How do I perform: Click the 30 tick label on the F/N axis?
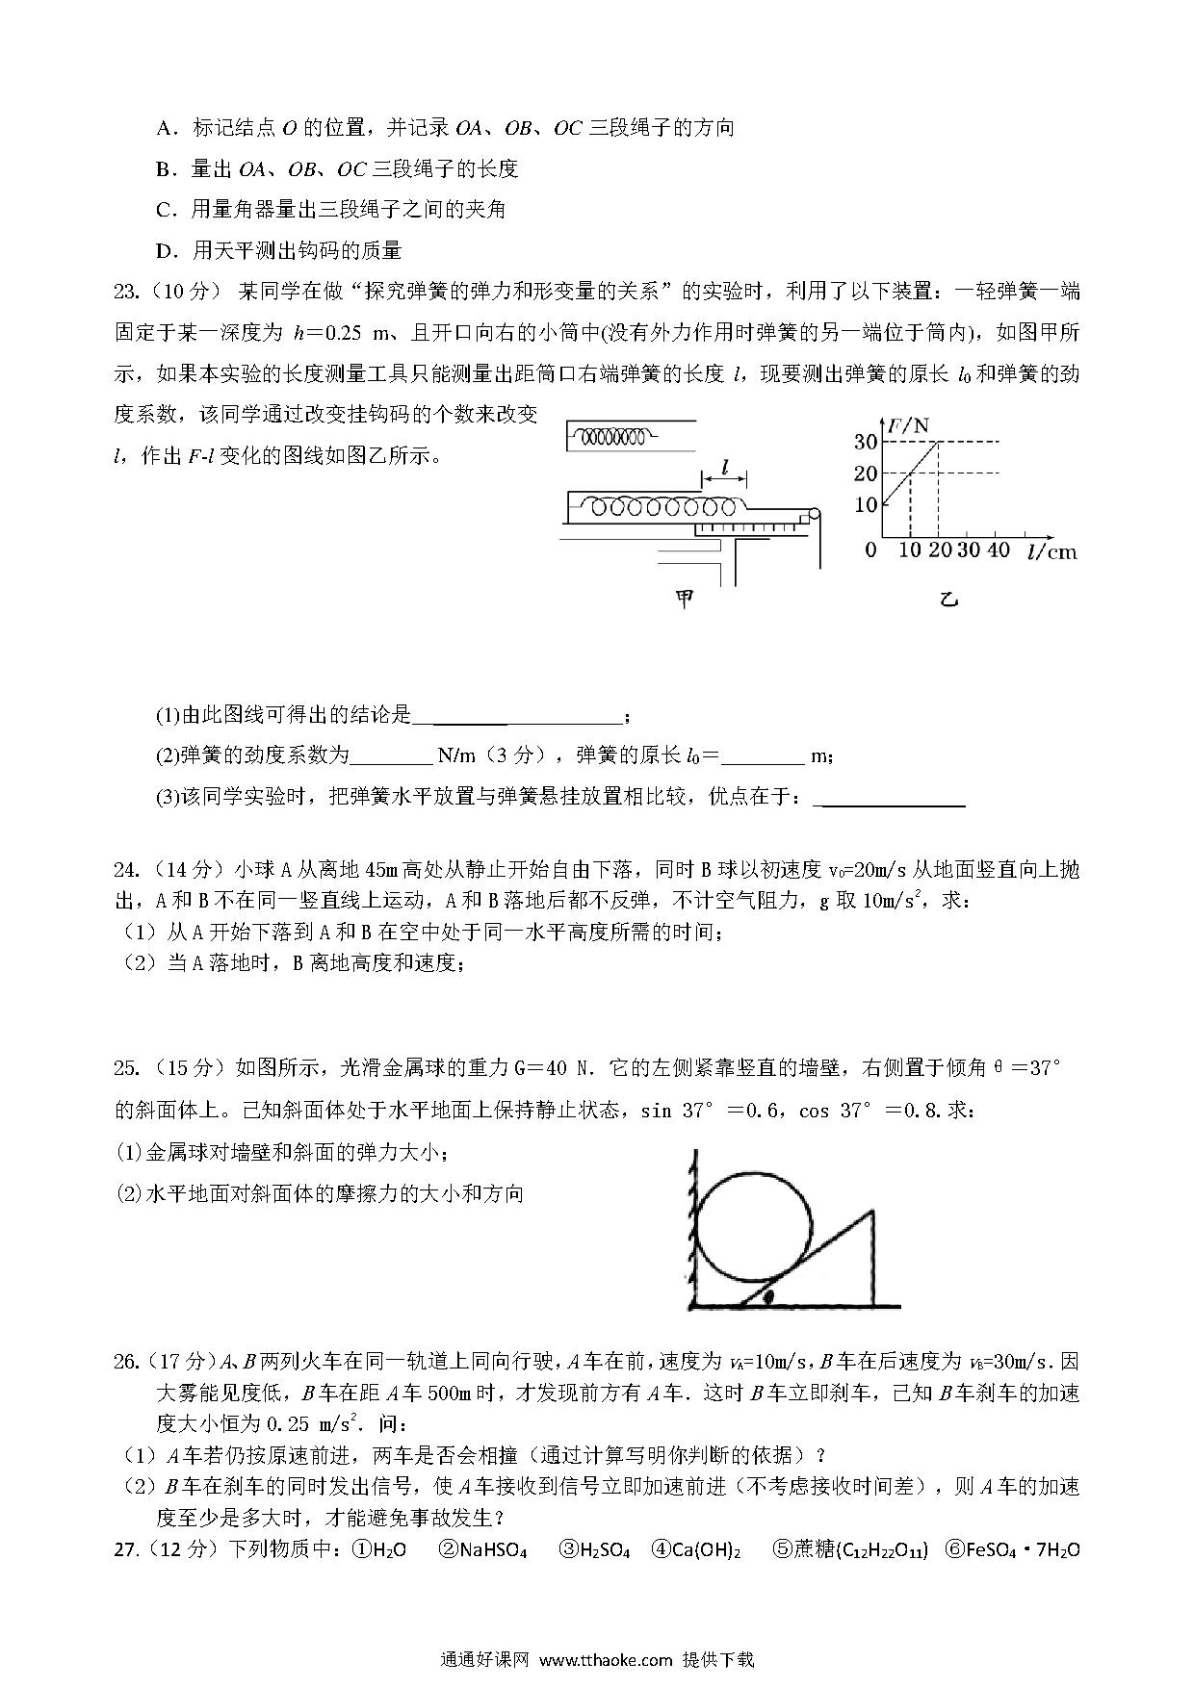[x=865, y=442]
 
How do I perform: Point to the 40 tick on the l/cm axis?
[x=999, y=550]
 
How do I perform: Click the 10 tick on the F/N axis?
[x=865, y=504]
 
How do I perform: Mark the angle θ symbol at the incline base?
[x=768, y=1297]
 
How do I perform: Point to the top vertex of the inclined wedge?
[x=873, y=1214]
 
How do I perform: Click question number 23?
[x=128, y=292]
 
